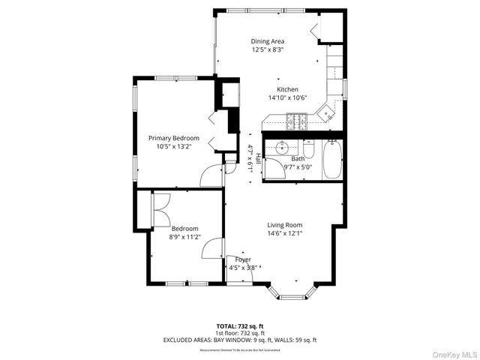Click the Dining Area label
point(267,41)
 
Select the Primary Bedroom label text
point(173,138)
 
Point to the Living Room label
point(284,225)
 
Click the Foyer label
point(242,259)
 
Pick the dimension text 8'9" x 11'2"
point(184,237)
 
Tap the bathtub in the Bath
point(332,160)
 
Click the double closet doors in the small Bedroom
point(160,209)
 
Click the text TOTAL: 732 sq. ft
point(240,326)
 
